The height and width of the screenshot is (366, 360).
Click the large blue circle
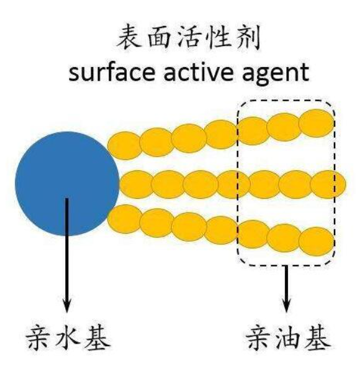[67, 184]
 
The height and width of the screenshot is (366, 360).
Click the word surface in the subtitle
[112, 72]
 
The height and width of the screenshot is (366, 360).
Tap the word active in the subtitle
[199, 72]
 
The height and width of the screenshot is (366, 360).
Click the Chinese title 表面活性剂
[189, 38]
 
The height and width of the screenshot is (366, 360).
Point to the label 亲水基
[68, 338]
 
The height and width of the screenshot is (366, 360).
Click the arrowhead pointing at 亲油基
[286, 306]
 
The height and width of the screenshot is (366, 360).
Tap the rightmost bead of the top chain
[316, 123]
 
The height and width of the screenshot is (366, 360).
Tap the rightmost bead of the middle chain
[328, 185]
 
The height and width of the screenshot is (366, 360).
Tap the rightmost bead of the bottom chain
[316, 242]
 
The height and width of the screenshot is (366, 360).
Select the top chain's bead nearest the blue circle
[125, 145]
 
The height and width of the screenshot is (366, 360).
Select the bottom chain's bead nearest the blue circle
[125, 219]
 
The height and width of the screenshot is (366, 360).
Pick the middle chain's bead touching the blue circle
[137, 185]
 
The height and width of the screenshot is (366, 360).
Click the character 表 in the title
[128, 38]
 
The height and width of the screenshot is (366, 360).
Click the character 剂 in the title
[249, 38]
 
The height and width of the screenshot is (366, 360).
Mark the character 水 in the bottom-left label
[68, 338]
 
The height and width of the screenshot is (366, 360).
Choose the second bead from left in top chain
[156, 142]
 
